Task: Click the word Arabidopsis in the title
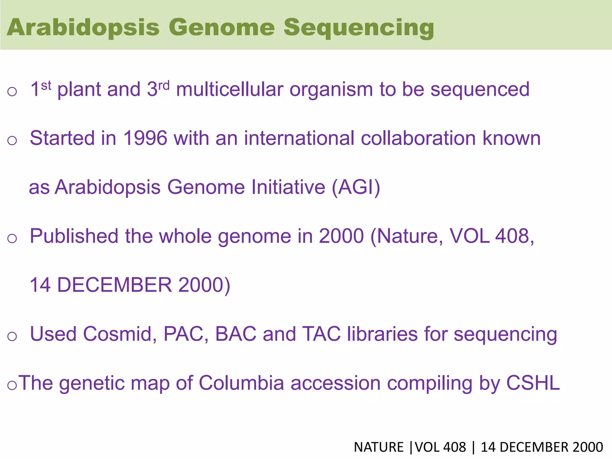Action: pyautogui.click(x=83, y=28)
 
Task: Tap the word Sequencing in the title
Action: pyautogui.click(x=359, y=28)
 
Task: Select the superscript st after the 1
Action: pyautogui.click(x=46, y=86)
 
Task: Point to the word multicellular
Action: pyautogui.click(x=229, y=89)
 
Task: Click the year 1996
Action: pyautogui.click(x=145, y=138)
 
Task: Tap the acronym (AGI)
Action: pyautogui.click(x=356, y=187)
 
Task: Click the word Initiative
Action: pyautogui.click(x=288, y=187)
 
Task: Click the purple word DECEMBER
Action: pyautogui.click(x=114, y=285)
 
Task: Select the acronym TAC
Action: pyautogui.click(x=321, y=334)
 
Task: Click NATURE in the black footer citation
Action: pyautogui.click(x=379, y=447)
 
